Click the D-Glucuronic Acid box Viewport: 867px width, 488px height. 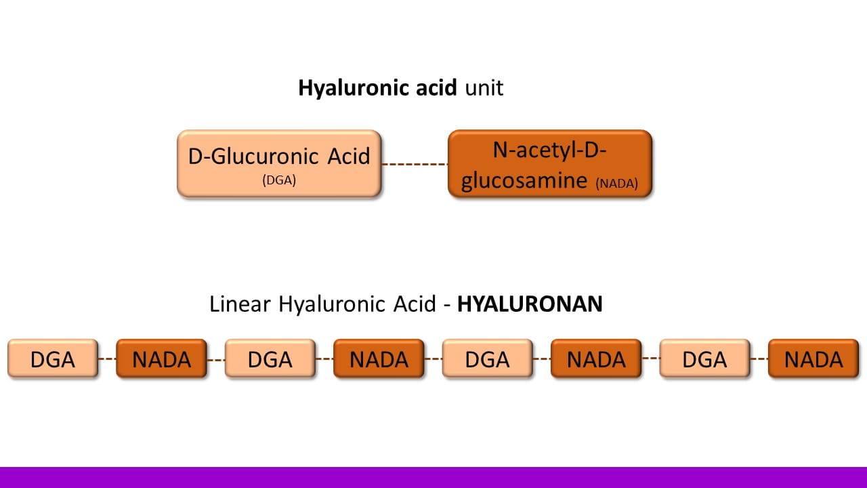coord(279,163)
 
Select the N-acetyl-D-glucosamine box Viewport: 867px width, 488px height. coord(549,163)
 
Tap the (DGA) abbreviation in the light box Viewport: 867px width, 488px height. coord(279,181)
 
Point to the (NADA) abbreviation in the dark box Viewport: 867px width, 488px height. coord(617,183)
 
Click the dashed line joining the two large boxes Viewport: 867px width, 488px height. coord(415,164)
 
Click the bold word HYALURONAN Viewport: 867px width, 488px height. coord(530,304)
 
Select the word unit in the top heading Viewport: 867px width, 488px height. coord(484,88)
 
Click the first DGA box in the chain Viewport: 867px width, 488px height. coord(53,359)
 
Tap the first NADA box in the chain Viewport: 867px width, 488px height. coord(161,359)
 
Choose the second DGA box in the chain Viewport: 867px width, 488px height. coord(270,359)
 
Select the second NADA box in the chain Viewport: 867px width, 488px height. coord(379,359)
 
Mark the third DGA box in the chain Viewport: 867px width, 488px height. coord(487,359)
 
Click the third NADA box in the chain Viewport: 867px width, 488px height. coord(596,359)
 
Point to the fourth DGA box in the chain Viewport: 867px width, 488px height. coord(704,359)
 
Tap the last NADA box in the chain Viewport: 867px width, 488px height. coord(813,359)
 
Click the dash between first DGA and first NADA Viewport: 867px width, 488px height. coord(107,359)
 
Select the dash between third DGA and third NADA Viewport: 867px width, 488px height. coord(541,358)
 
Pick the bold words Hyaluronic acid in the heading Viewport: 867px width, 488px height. coord(377,88)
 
